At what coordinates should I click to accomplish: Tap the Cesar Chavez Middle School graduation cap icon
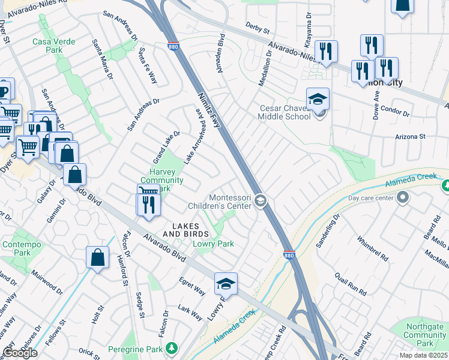point(318,98)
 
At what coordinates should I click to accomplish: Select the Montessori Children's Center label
point(230,202)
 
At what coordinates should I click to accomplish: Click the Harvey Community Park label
point(161,180)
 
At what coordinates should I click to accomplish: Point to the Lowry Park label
point(213,244)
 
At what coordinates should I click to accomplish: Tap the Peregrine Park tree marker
point(172,348)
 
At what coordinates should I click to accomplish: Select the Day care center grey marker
point(402,197)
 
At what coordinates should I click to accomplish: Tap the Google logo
point(20,353)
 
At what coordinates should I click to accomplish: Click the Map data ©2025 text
point(423,355)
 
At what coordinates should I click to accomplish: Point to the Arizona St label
point(410,137)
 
